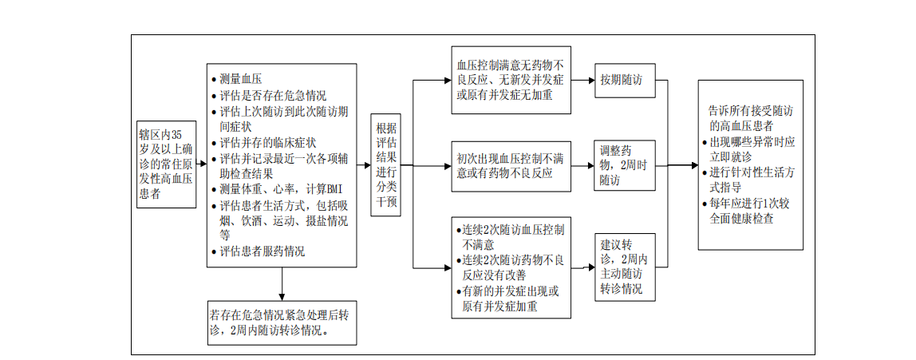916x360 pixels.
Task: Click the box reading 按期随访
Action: tap(625, 80)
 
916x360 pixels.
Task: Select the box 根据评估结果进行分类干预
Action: tap(385, 164)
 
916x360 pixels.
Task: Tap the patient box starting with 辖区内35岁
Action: tap(166, 164)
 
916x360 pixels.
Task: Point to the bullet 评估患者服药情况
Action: tap(259, 252)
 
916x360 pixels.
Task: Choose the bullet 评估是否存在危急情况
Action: tap(269, 95)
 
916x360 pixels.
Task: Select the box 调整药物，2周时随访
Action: tap(625, 165)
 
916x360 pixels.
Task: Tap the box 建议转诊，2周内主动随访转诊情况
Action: tap(625, 267)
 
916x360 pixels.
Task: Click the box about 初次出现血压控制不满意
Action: tap(511, 166)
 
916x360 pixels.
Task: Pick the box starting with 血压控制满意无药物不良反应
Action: tap(511, 80)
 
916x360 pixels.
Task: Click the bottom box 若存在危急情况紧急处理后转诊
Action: tap(282, 322)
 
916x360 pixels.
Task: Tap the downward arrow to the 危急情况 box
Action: tap(282, 284)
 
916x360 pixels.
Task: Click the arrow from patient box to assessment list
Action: tap(202, 164)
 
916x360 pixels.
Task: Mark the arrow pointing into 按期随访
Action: tap(583, 80)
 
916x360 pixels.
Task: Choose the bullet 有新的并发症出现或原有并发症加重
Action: tap(507, 299)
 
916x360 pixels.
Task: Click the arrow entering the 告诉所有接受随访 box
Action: tap(684, 165)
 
